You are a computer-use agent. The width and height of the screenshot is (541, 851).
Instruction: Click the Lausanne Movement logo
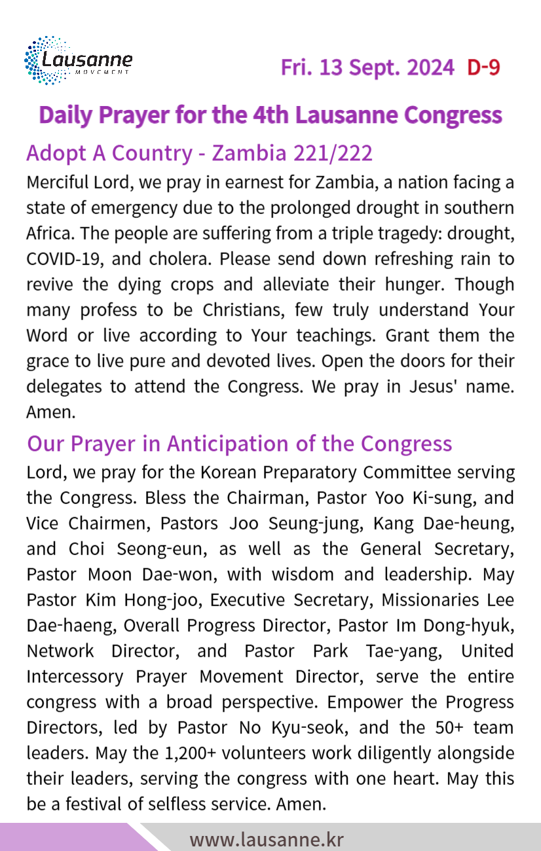tap(78, 61)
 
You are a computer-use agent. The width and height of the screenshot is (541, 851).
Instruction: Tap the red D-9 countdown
tap(484, 67)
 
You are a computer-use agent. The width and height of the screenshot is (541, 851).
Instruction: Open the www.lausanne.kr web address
tap(267, 839)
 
